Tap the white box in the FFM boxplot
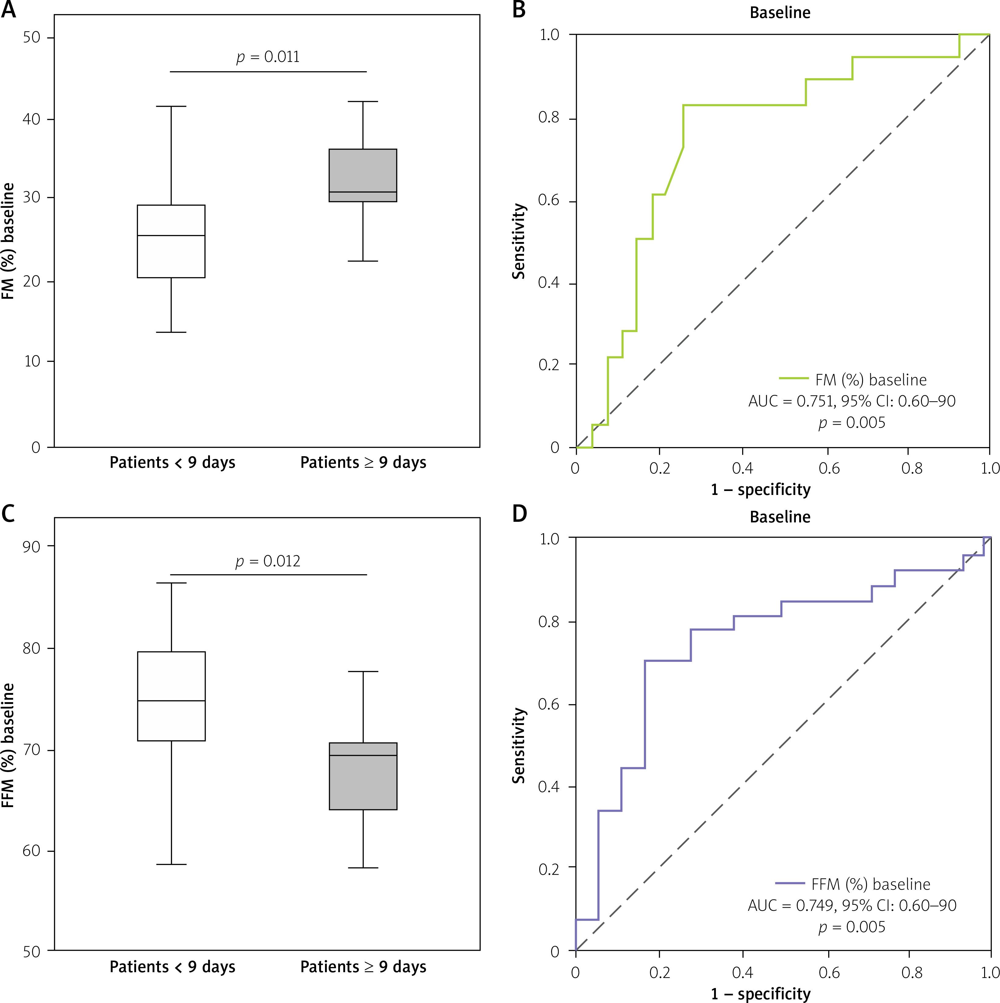(x=171, y=696)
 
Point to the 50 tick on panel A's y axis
(x=32, y=37)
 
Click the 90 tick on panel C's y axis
(x=32, y=547)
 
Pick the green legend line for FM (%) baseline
(x=793, y=378)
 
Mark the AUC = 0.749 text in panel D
(x=851, y=906)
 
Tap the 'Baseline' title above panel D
(x=780, y=517)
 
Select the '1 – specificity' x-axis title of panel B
(x=761, y=489)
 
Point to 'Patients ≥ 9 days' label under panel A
(x=363, y=463)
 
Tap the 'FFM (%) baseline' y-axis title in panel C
(x=8, y=745)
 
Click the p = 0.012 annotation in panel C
(x=268, y=561)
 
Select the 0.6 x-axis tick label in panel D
(x=829, y=972)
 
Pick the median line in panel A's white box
(x=171, y=236)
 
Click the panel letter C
(x=8, y=514)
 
